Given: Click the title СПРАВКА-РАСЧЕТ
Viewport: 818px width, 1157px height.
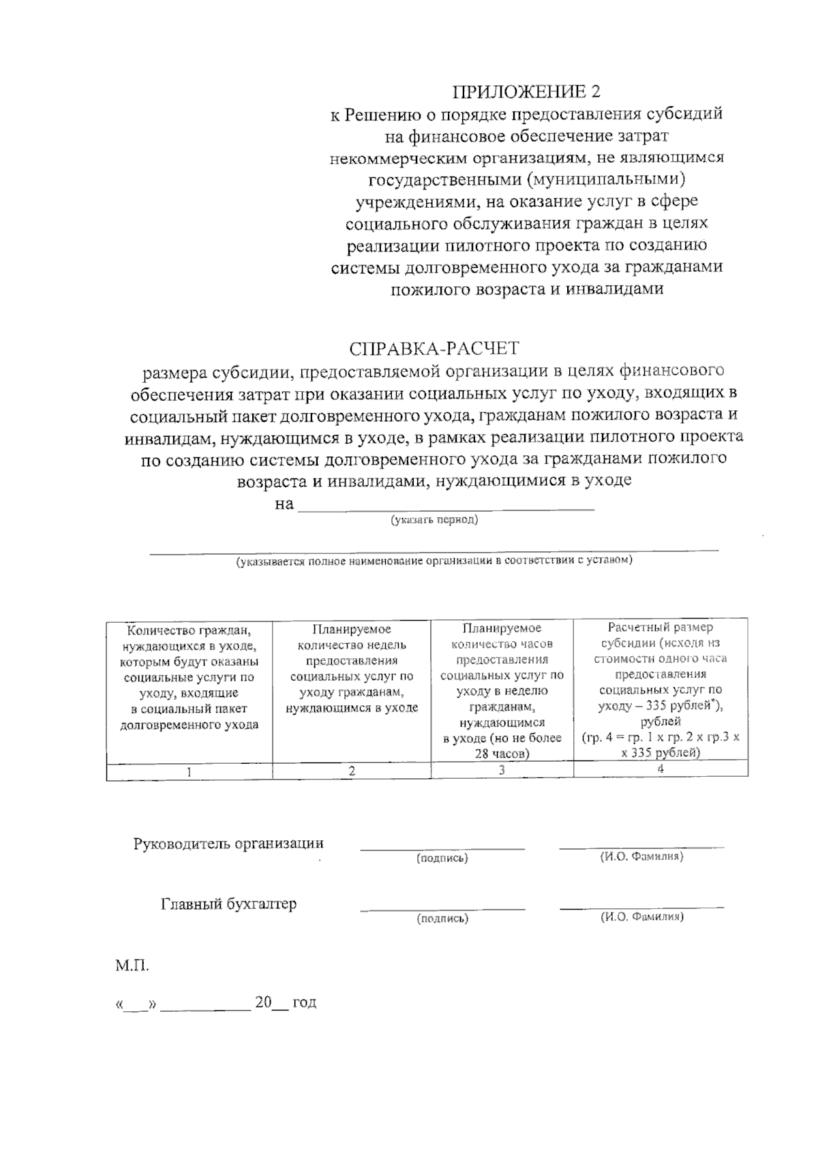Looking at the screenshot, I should pos(434,349).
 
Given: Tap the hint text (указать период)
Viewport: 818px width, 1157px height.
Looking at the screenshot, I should pos(434,521).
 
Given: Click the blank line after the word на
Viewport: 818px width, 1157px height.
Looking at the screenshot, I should pos(446,506).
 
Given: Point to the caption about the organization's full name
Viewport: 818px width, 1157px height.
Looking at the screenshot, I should pos(434,561).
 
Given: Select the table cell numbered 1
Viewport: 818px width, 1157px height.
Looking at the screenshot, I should pos(189,772).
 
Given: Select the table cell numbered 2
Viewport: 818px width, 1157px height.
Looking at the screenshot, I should pos(352,771).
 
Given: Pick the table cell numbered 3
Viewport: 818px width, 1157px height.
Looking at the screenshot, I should pos(502,771).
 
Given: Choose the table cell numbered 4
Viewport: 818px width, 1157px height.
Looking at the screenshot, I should pos(660,769).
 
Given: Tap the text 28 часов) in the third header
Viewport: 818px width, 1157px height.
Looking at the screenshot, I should pos(502,754).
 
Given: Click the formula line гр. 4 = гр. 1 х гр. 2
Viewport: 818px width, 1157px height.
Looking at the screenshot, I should pos(660,737).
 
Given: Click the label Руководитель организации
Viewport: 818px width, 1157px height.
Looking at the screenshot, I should pos(228,844).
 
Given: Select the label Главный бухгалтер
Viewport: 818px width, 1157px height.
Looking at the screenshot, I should pos(228,904).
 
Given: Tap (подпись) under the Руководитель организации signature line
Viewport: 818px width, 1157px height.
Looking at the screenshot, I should pos(442,859).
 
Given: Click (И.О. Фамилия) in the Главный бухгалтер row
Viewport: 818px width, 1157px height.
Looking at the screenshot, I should pos(641,917).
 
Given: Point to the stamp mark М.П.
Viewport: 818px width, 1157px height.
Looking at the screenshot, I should pos(131,966).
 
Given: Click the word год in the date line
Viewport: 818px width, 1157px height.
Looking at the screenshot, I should pos(304,1003).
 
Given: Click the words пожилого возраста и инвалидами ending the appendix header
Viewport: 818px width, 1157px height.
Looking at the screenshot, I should pos(527,290).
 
